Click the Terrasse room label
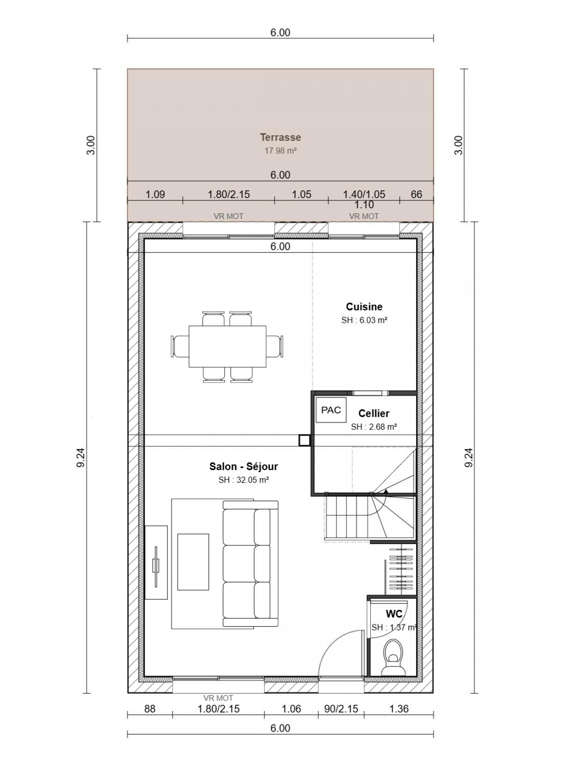(x=280, y=138)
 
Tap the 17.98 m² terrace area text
(x=280, y=151)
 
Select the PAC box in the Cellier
(x=331, y=410)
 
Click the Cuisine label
(x=364, y=307)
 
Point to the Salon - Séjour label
(x=244, y=466)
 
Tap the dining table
(x=228, y=346)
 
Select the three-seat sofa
(x=250, y=564)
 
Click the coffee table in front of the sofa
(x=193, y=562)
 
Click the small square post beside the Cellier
(x=304, y=441)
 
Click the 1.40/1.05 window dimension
(x=364, y=194)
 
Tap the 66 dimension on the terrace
(x=416, y=194)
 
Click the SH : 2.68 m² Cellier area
(x=374, y=427)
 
